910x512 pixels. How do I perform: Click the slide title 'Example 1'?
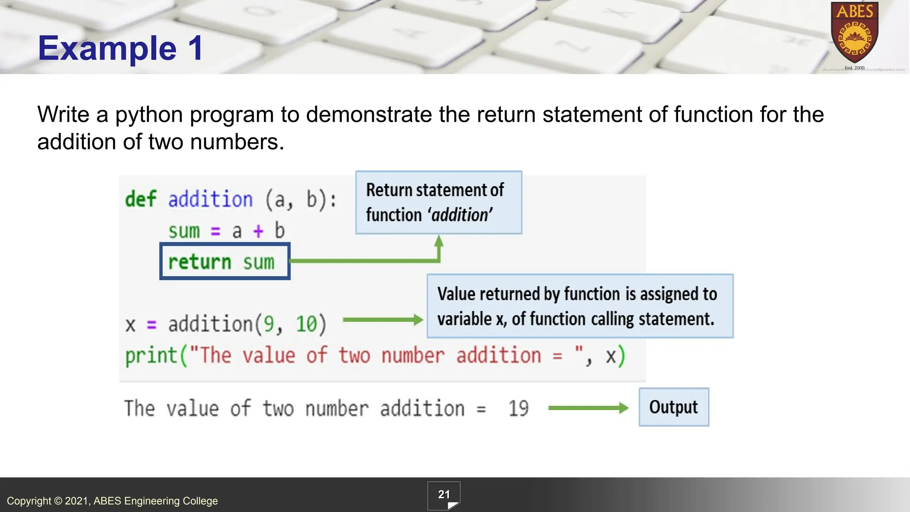pos(120,48)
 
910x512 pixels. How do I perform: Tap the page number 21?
pos(444,495)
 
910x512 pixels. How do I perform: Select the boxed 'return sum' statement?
pos(225,261)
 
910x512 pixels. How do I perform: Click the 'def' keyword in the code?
pos(140,199)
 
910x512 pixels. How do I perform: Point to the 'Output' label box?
pos(674,407)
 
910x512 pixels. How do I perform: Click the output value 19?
pos(518,408)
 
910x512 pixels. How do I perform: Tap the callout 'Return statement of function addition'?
pos(439,203)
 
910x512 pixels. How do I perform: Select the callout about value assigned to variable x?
pos(580,306)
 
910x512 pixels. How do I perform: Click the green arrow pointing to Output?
pos(588,408)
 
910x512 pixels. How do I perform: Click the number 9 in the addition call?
pos(269,324)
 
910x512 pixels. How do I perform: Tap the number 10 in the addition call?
pos(306,324)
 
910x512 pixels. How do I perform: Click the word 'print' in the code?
pos(151,356)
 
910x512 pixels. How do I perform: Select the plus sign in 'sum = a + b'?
pos(258,231)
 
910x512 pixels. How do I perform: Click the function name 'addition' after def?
pos(210,199)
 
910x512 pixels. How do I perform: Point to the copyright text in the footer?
pos(112,501)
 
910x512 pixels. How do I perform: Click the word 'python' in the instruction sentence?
pos(149,115)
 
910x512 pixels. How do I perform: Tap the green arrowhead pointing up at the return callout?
pos(439,241)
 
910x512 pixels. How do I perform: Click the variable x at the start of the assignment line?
pos(130,324)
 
